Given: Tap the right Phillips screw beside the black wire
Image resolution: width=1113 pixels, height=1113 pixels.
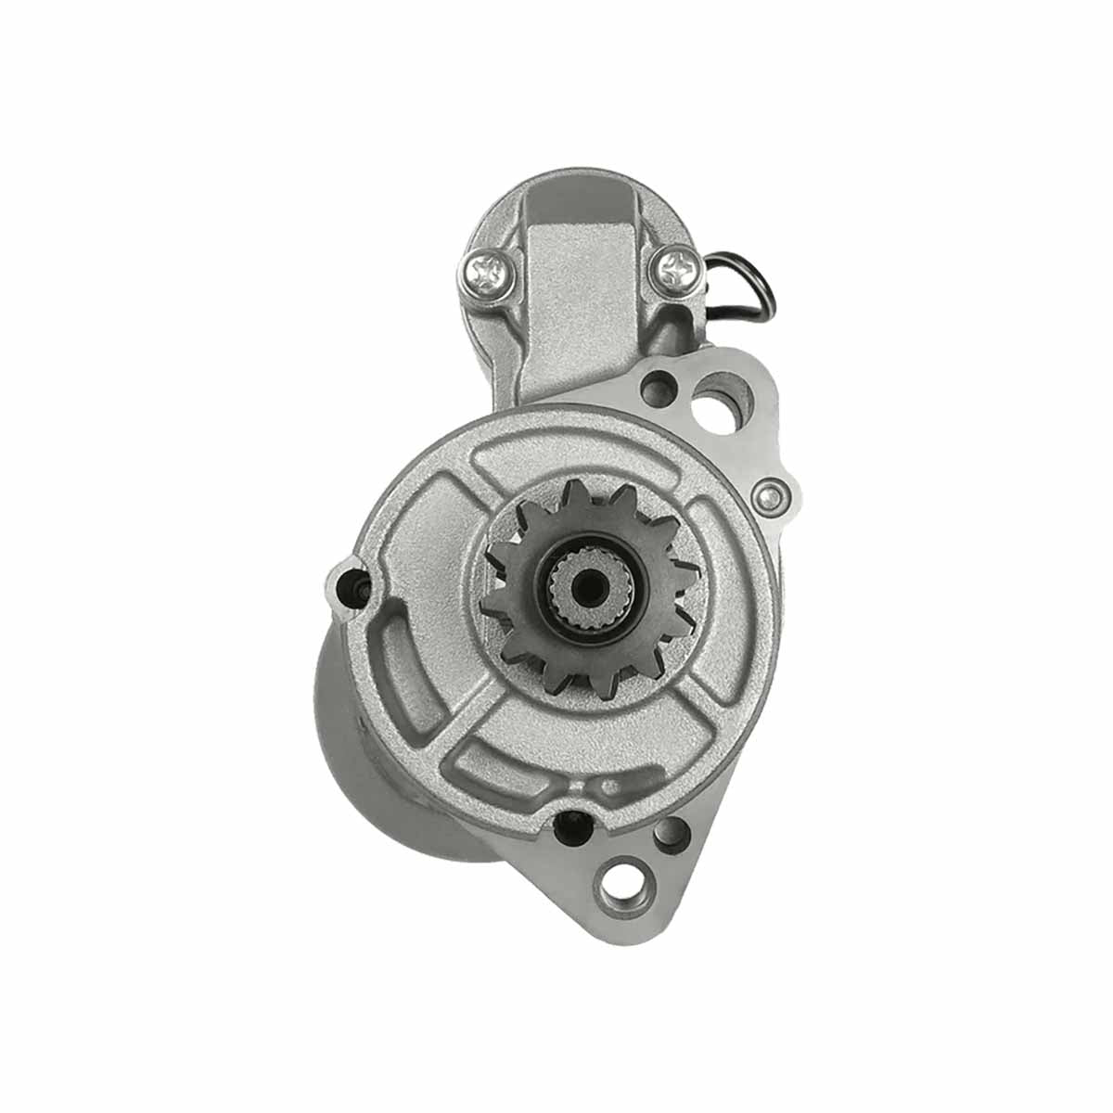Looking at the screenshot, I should click(x=674, y=268).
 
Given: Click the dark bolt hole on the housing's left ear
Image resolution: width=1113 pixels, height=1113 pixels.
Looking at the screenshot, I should click(x=353, y=586).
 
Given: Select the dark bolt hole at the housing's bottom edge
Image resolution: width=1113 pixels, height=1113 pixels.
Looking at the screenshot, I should click(x=569, y=824).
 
